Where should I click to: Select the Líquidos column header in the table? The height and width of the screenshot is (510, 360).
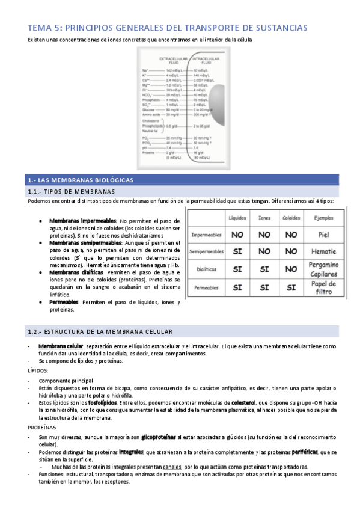(x=237, y=218)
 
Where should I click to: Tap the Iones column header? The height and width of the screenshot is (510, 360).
(x=264, y=218)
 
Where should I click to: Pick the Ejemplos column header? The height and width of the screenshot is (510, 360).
(x=324, y=218)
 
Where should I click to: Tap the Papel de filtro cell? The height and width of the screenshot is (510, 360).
(x=324, y=287)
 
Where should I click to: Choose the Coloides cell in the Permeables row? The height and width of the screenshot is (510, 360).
(x=291, y=288)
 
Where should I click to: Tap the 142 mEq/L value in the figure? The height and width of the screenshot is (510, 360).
(x=174, y=71)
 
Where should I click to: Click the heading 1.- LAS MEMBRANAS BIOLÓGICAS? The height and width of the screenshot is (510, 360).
(x=82, y=180)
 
